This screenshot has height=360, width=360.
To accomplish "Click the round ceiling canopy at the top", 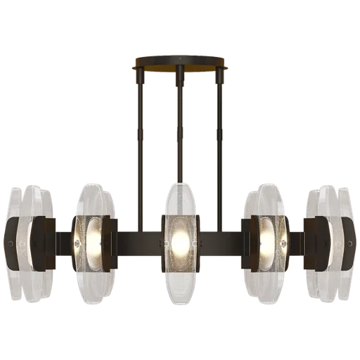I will [180, 67].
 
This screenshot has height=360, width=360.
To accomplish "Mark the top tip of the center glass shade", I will [180, 184].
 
